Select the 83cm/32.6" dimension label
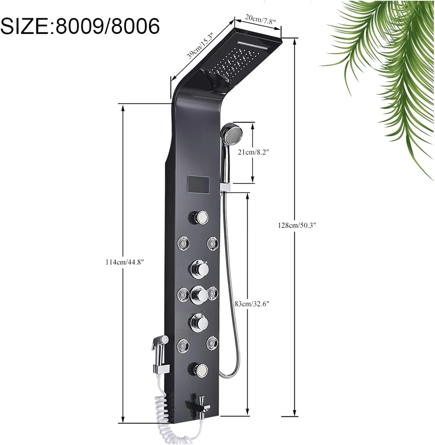[252, 304]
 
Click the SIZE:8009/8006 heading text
[80, 26]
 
